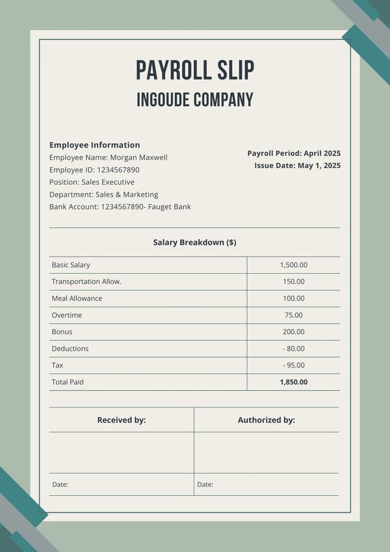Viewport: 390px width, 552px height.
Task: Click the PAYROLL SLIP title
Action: coord(195,71)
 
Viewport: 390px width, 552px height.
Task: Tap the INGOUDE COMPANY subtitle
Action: coord(195,99)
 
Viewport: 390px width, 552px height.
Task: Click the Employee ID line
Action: coord(94,170)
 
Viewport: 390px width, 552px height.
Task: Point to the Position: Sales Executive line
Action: coord(92,182)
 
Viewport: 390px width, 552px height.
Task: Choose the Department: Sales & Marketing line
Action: coord(104,195)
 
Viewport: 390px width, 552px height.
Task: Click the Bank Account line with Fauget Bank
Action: coord(120,207)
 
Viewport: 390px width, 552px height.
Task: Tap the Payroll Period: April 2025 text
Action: coord(294,153)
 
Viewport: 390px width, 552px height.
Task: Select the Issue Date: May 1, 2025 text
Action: coord(297,165)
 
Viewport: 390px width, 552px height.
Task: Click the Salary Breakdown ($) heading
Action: coord(195,242)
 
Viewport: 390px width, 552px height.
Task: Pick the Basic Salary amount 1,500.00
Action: coord(294,265)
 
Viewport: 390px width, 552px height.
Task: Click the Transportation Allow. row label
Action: coord(87,282)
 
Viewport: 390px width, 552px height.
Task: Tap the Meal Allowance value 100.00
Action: coord(294,298)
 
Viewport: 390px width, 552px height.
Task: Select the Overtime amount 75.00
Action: coord(294,315)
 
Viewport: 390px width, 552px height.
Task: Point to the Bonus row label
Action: coord(62,332)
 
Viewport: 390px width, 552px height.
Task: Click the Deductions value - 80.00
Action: coord(294,349)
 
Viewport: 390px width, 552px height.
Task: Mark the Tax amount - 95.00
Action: coord(294,365)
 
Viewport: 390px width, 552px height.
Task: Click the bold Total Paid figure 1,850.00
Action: coord(294,382)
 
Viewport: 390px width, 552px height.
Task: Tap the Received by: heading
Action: coord(121,420)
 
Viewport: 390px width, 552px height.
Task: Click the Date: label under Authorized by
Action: coord(205,484)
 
